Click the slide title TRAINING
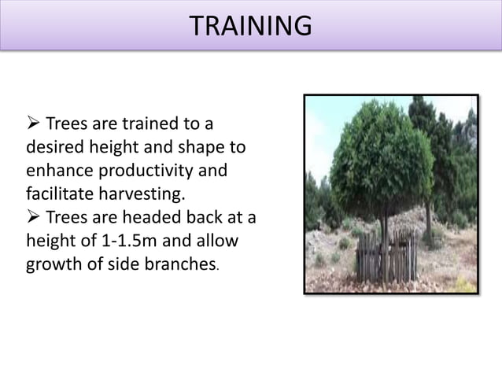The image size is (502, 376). tap(250, 26)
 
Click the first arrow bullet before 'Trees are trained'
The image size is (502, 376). tap(34, 125)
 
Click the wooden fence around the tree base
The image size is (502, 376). tap(386, 255)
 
